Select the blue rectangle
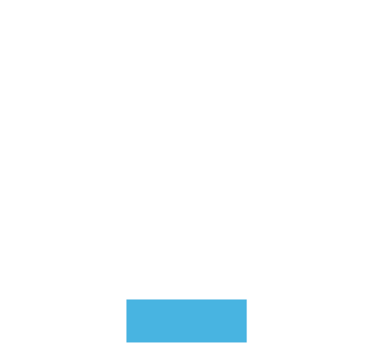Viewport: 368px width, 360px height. [186, 320]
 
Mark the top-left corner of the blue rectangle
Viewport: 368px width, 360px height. [126, 299]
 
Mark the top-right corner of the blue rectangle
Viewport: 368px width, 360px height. [247, 299]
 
